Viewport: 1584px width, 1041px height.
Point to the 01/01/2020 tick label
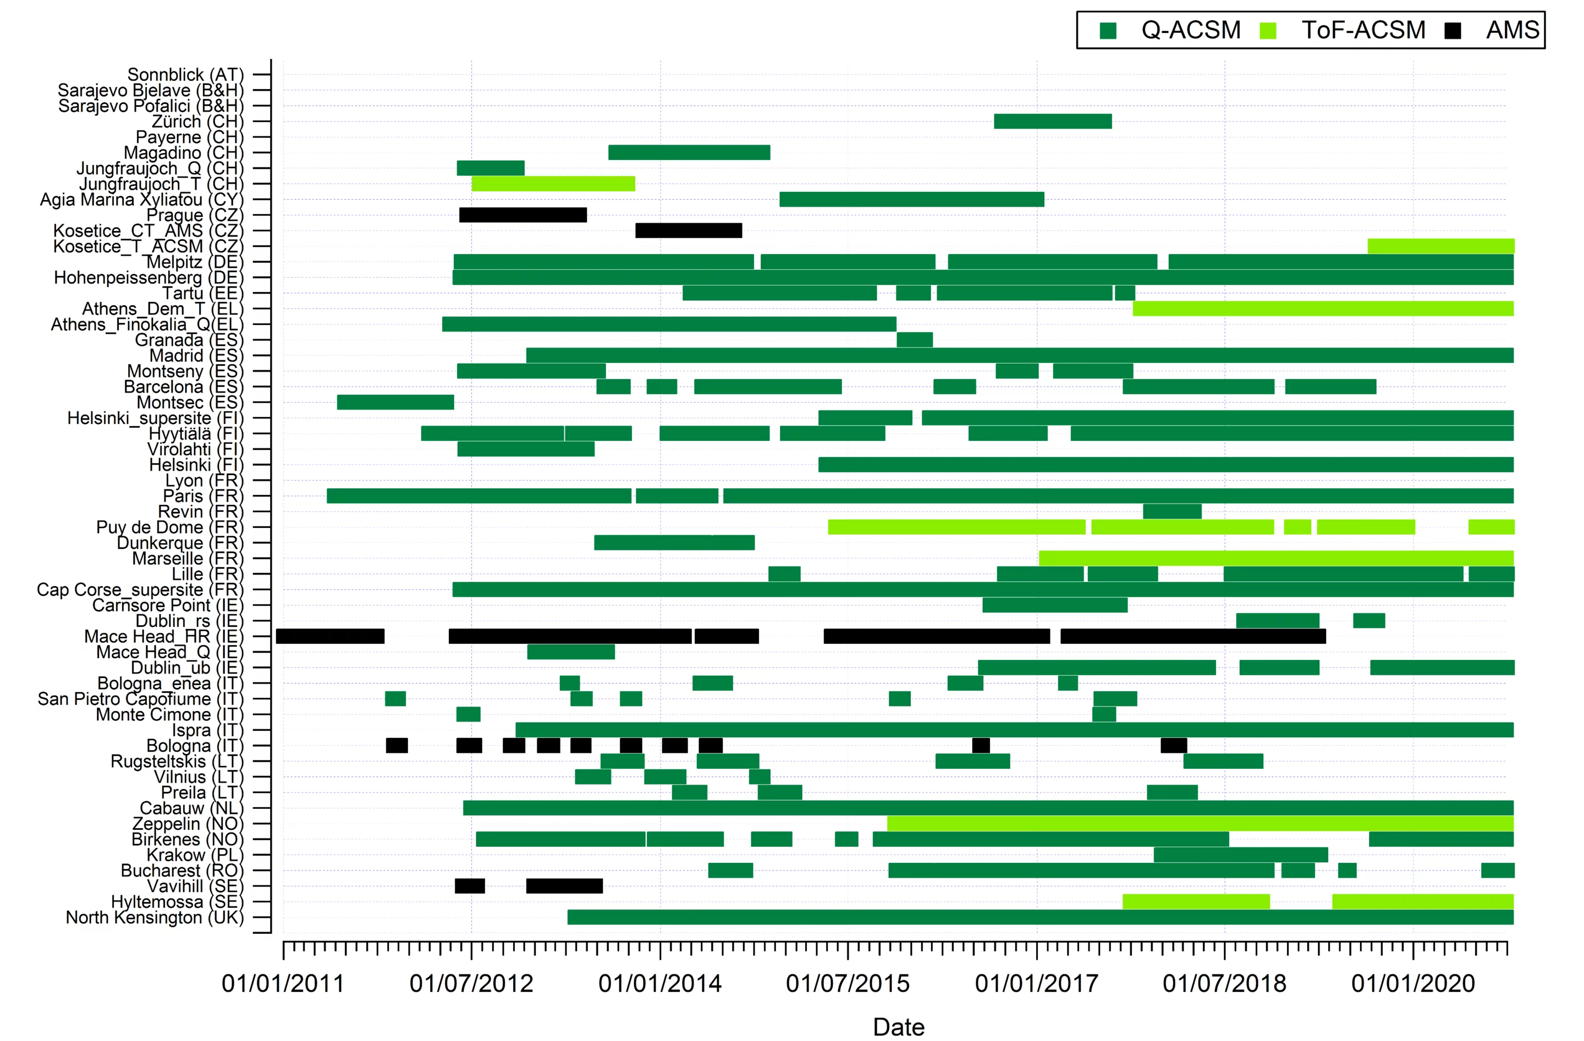click(1413, 983)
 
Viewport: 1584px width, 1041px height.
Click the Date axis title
click(899, 1027)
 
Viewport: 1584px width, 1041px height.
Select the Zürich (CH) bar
click(1052, 121)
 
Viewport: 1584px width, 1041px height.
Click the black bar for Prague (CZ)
click(522, 215)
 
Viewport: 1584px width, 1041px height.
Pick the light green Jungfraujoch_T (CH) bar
click(553, 184)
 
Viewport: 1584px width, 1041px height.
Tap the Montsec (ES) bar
click(395, 402)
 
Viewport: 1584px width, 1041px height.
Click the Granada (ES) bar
click(915, 339)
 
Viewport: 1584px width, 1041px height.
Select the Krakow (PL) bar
click(1241, 855)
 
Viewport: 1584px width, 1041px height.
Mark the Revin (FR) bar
click(1172, 511)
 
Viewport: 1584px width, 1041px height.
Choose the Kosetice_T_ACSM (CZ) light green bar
click(1440, 246)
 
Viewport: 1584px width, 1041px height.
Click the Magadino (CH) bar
click(689, 152)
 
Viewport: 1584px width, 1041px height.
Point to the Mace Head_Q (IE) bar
click(570, 652)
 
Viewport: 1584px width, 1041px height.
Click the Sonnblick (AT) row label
click(185, 75)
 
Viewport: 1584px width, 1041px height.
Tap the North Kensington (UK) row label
click(155, 917)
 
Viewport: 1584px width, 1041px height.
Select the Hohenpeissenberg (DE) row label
click(148, 278)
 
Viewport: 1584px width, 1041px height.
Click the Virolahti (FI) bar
click(526, 449)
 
